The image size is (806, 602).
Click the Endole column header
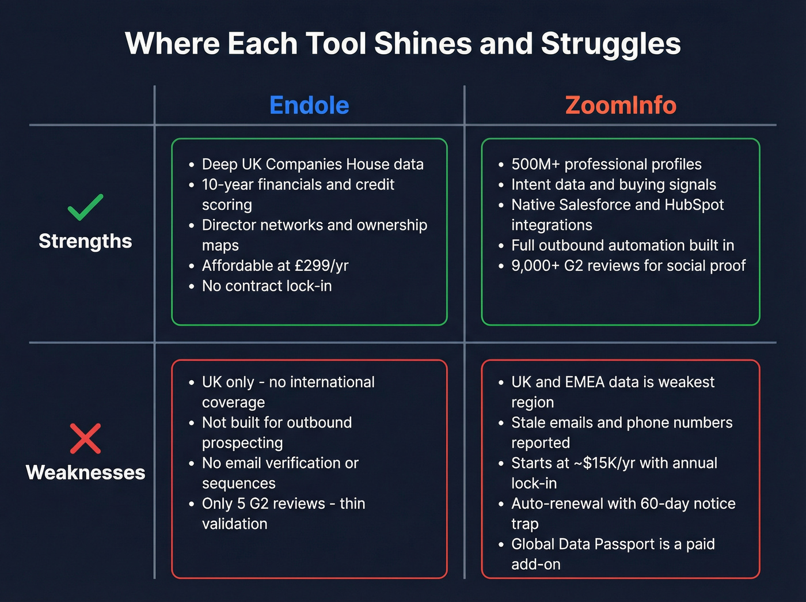click(x=309, y=105)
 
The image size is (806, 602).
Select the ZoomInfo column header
click(x=621, y=105)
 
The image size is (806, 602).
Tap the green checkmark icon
click(x=85, y=207)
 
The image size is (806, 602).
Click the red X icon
click(x=85, y=438)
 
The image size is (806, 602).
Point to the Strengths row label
click(x=85, y=241)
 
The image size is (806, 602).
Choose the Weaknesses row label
click(x=85, y=472)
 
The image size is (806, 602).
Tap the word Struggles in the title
click(x=611, y=44)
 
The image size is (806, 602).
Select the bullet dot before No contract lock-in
click(x=192, y=286)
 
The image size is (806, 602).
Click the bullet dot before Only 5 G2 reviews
click(x=192, y=504)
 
